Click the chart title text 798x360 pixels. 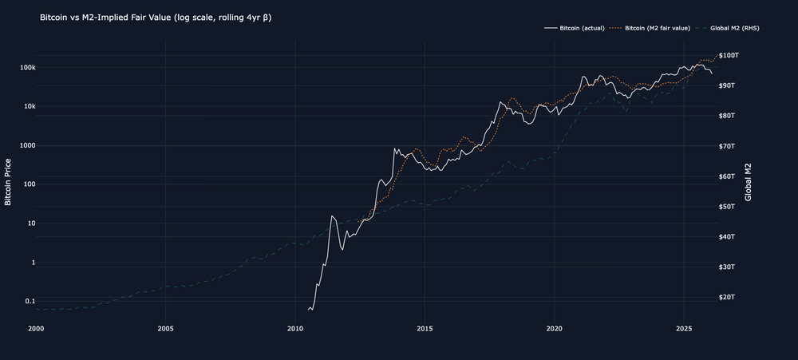coord(156,18)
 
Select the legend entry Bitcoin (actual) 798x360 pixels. coord(574,28)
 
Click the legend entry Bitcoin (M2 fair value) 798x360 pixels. coord(650,28)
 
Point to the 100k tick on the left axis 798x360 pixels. coord(26,68)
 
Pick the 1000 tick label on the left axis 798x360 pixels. coord(26,145)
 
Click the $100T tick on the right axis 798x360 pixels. coord(729,55)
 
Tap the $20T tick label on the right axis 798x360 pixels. coord(727,297)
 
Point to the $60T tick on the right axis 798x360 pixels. coord(727,176)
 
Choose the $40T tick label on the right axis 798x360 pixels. coord(727,237)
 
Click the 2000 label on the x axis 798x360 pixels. coord(36,328)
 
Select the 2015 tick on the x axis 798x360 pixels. coord(425,328)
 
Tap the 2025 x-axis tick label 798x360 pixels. coord(685,328)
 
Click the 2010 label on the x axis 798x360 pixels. coord(295,328)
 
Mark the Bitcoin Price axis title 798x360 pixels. coord(8,182)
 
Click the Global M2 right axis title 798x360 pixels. coord(749,182)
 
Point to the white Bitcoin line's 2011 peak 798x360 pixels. coord(332,216)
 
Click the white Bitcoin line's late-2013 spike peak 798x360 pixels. coord(394,148)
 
